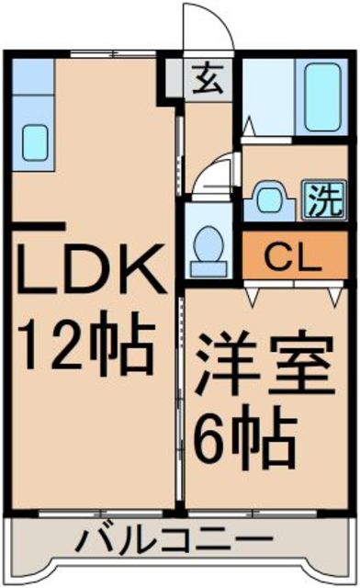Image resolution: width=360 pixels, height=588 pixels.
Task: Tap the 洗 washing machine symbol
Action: coord(323,199)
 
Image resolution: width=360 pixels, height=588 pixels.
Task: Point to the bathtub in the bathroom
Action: coord(322,97)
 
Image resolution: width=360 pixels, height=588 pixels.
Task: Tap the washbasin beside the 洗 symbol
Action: coord(270,200)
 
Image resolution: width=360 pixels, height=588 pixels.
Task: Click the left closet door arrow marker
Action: coord(253,296)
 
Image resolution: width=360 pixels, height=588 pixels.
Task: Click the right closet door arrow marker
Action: coord(334,296)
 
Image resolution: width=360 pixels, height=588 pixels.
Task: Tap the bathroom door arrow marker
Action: coord(249,127)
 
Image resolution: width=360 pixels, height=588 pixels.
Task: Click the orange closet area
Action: coord(296,255)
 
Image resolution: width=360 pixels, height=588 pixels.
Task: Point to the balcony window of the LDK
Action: coord(100,514)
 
